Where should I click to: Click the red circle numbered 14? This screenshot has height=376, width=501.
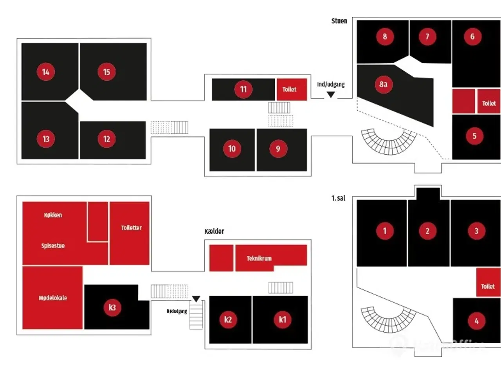coord(46,72)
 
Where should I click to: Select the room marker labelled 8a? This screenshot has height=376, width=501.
coord(383,84)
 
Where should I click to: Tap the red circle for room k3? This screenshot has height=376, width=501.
coord(112,307)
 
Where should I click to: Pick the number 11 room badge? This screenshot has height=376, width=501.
coord(243,89)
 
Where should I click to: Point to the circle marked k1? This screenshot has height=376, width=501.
coord(283,320)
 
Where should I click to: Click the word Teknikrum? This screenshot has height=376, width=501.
coord(259,258)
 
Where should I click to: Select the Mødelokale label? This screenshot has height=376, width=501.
coord(53,298)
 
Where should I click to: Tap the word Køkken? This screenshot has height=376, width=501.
coord(53,215)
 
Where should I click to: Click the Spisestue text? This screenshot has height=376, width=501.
coord(53,246)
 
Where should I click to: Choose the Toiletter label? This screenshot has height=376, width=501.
coord(131,228)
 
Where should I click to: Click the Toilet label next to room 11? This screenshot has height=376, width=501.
coord(289,89)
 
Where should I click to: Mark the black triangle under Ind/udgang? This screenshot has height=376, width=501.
coord(331,94)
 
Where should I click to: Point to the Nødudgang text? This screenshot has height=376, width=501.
coord(177,311)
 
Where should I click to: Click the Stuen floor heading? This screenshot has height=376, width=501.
coord(339,21)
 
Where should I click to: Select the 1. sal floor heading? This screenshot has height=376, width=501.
coord(338,198)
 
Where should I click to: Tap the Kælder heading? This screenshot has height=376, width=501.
coord(214,231)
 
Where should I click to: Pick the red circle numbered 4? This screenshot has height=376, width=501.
coord(476,321)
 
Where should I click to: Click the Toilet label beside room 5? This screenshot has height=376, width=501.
coord(489,103)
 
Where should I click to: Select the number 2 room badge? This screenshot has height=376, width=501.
coord(427,231)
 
